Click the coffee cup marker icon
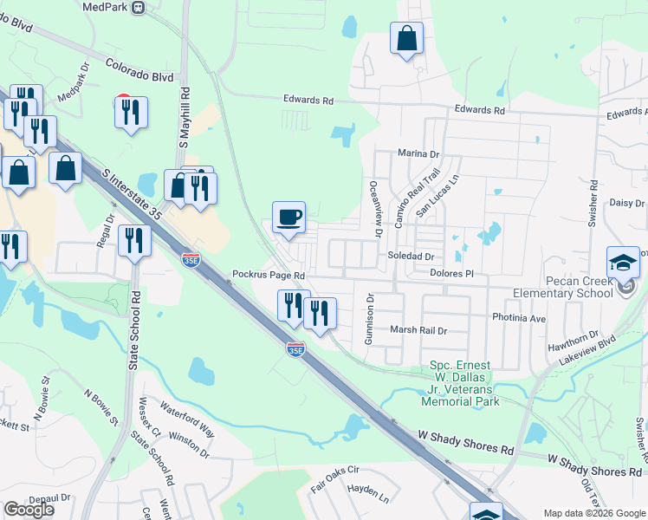(289, 217)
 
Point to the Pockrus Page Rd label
(269, 275)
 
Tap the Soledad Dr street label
(410, 257)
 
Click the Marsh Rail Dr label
(418, 330)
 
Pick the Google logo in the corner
(29, 509)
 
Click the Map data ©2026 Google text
(593, 513)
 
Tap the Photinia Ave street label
(519, 318)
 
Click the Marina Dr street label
(418, 153)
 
